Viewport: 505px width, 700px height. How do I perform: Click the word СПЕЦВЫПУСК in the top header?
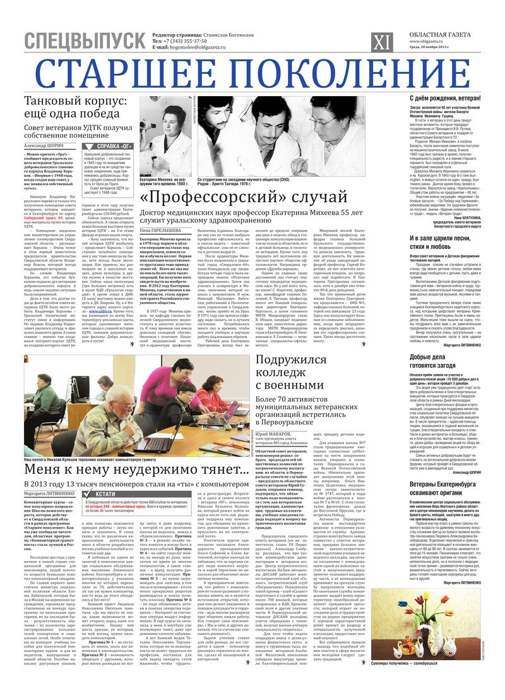[x=85, y=41]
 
